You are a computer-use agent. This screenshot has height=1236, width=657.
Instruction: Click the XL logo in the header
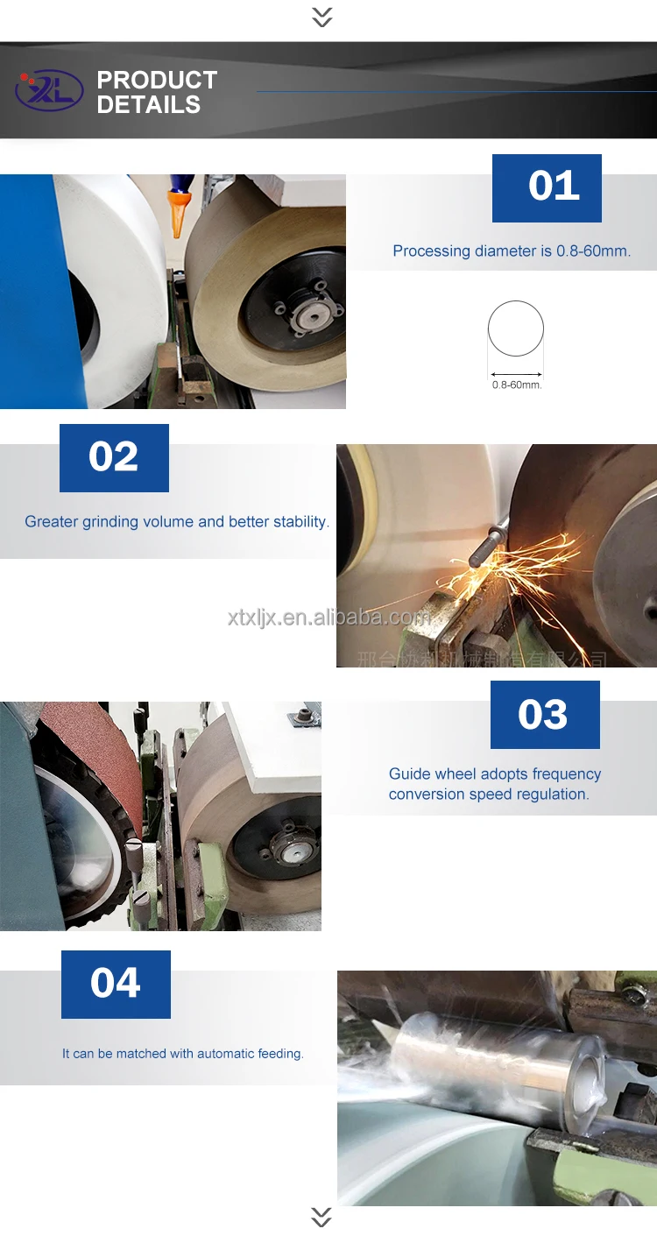pyautogui.click(x=49, y=91)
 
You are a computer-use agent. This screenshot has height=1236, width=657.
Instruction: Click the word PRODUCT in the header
pyautogui.click(x=157, y=80)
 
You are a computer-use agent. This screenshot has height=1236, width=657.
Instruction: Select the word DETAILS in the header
pyautogui.click(x=149, y=105)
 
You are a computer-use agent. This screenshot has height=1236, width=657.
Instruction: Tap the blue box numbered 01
pyautogui.click(x=547, y=187)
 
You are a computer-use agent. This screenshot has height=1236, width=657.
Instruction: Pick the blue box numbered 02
pyautogui.click(x=114, y=457)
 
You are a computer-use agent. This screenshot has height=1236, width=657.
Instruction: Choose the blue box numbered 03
pyautogui.click(x=545, y=715)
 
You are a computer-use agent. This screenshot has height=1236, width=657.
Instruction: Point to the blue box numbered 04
pyautogui.click(x=116, y=984)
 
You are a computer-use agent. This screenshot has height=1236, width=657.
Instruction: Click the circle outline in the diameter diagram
pyautogui.click(x=516, y=328)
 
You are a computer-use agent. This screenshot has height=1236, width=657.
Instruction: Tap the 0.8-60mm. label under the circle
pyautogui.click(x=516, y=385)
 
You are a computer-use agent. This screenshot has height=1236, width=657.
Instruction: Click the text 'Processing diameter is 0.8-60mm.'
pyautogui.click(x=512, y=251)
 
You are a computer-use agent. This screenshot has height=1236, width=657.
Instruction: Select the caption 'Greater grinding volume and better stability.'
pyautogui.click(x=177, y=522)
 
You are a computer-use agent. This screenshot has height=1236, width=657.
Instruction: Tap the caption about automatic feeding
pyautogui.click(x=183, y=1054)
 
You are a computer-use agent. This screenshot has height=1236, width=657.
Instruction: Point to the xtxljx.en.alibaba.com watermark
pyautogui.click(x=329, y=618)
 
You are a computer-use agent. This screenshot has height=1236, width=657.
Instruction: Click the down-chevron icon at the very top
pyautogui.click(x=322, y=17)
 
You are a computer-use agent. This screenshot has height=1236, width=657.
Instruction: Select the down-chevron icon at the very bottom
pyautogui.click(x=321, y=1217)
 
